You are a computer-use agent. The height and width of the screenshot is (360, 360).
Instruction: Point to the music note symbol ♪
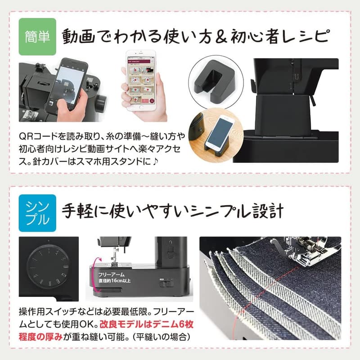[166, 160]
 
